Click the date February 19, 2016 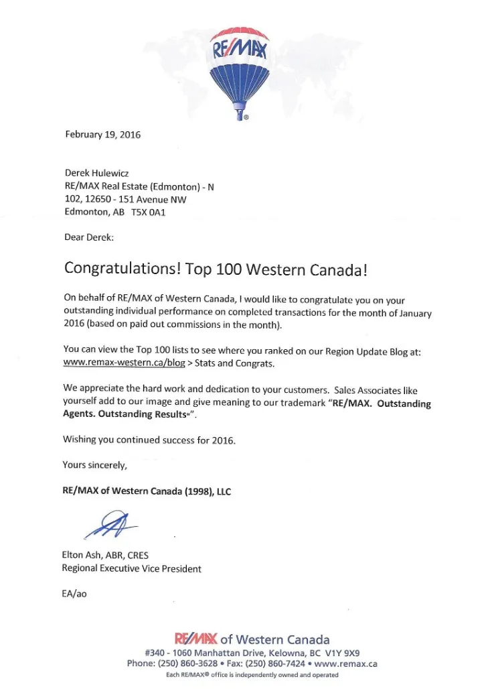point(102,134)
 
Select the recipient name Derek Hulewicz point(96,173)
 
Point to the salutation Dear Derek point(88,237)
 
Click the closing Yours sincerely point(94,464)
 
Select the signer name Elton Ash point(84,555)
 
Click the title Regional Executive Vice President point(131,568)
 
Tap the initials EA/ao point(74,594)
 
